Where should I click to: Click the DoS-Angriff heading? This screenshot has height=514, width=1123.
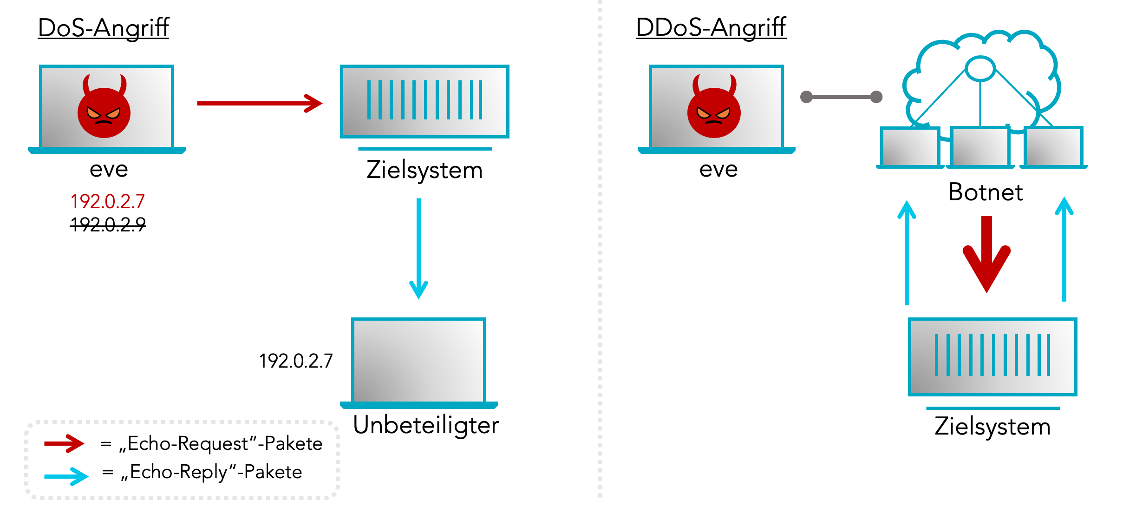pyautogui.click(x=103, y=28)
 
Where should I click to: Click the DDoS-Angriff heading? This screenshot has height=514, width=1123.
pyautogui.click(x=711, y=28)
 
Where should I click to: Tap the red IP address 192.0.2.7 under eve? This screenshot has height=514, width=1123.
pyautogui.click(x=107, y=202)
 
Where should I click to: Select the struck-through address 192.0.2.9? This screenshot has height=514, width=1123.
pyautogui.click(x=108, y=225)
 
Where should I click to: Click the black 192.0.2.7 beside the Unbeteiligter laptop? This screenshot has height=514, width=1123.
pyautogui.click(x=296, y=361)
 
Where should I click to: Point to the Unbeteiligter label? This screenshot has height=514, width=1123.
pyautogui.click(x=425, y=425)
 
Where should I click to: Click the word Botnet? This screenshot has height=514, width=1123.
pyautogui.click(x=985, y=192)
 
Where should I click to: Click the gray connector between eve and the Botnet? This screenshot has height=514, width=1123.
pyautogui.click(x=841, y=97)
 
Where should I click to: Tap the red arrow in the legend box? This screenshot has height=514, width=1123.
pyautogui.click(x=64, y=444)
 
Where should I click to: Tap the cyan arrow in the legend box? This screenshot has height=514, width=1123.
pyautogui.click(x=66, y=476)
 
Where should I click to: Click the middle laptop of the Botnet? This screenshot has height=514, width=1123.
pyautogui.click(x=980, y=146)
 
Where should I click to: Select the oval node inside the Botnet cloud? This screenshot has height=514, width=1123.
pyautogui.click(x=980, y=69)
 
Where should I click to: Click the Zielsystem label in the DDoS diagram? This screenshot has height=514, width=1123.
pyautogui.click(x=992, y=427)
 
